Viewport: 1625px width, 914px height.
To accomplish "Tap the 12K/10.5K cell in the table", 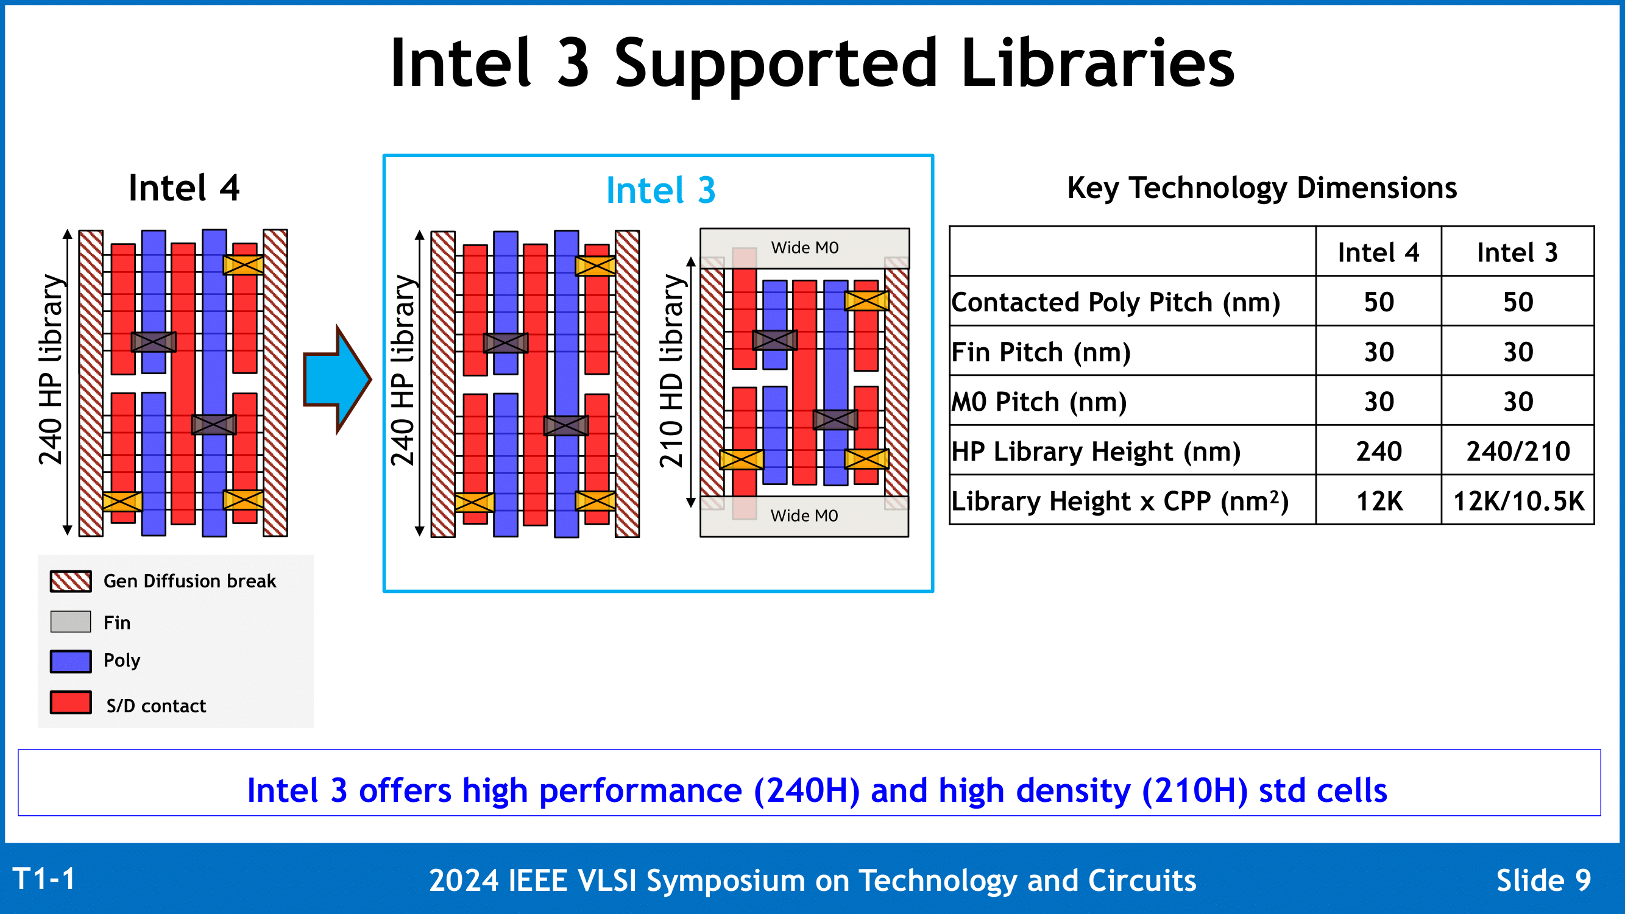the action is click(x=1518, y=501).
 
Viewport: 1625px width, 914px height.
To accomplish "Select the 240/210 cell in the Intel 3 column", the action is click(x=1518, y=451).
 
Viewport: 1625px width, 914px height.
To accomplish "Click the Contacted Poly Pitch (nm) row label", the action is click(x=1115, y=302).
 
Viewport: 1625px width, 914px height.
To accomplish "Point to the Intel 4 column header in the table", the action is click(x=1378, y=252).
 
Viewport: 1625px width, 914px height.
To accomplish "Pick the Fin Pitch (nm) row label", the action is click(x=1041, y=352).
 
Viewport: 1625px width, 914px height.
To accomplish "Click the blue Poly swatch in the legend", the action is click(x=71, y=661).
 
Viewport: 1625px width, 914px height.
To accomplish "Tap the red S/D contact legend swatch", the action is click(x=71, y=703).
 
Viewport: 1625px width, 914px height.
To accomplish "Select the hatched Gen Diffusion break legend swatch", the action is click(x=71, y=581).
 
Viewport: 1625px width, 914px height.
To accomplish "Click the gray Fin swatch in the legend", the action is click(x=71, y=622).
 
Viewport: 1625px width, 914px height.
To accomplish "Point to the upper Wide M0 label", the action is click(x=805, y=247).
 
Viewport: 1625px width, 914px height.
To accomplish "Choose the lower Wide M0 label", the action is click(x=804, y=515).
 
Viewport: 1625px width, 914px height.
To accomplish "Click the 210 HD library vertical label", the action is click(x=672, y=371).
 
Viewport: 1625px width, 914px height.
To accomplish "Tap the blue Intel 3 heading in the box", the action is click(x=660, y=190).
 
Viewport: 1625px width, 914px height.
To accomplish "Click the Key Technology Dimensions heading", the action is click(x=1262, y=188).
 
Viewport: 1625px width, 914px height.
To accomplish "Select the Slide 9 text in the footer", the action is click(x=1543, y=880).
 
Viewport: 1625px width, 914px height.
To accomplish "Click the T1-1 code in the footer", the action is click(x=43, y=879).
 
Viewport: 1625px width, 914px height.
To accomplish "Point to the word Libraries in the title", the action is click(x=1097, y=63).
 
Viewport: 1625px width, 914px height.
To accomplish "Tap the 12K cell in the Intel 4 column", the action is click(x=1379, y=501).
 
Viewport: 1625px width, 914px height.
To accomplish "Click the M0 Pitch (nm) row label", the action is click(x=1039, y=402).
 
